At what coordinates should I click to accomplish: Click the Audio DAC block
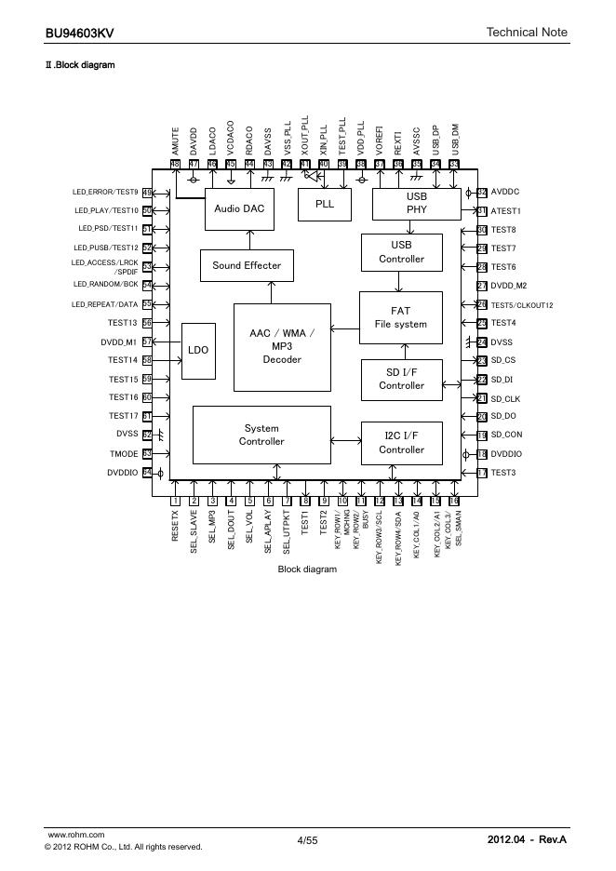pos(238,208)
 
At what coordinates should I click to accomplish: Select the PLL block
pos(325,205)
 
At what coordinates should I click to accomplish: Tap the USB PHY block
pos(416,204)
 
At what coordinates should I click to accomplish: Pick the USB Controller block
pos(401,252)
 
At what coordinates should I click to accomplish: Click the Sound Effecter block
pos(246,265)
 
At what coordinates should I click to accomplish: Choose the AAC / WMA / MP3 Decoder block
pos(282,346)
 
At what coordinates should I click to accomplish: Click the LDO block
pos(197,351)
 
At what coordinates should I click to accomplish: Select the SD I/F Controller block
pos(401,379)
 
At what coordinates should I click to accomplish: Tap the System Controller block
pos(261,435)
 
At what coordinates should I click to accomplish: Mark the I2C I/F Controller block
pos(401,443)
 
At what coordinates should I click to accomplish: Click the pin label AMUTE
pos(175,141)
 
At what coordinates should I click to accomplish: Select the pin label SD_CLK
pos(505,397)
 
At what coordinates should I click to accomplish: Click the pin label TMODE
pos(124,454)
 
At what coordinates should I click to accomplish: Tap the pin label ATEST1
pos(506,211)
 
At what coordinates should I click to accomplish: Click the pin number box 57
pos(147,342)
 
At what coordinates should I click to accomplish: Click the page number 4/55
pos(307,840)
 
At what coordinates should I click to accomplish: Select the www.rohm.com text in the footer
pos(75,835)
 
